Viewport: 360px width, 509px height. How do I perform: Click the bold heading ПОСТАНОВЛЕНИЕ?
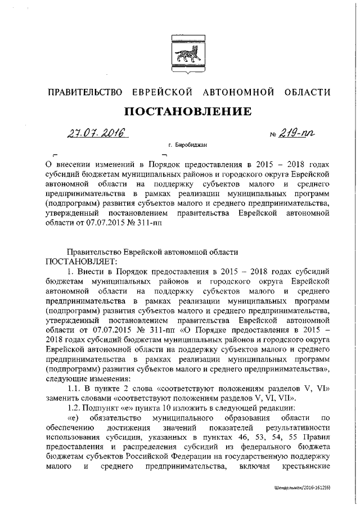pyautogui.click(x=187, y=112)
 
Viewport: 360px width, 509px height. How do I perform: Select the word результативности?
pyautogui.click(x=298, y=428)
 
